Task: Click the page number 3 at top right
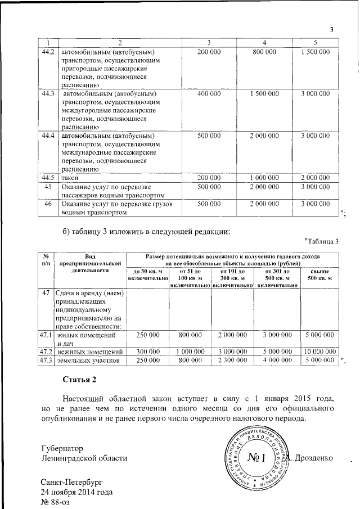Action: coord(332,30)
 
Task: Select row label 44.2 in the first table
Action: coord(48,52)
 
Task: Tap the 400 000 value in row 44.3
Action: coord(209,93)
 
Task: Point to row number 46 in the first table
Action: coord(48,204)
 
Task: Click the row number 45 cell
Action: coord(48,187)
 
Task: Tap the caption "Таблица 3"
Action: coord(321,242)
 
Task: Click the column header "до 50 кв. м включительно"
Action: coord(148,275)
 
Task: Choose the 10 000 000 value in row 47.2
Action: coord(320,352)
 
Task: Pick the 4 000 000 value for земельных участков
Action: coord(277,360)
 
